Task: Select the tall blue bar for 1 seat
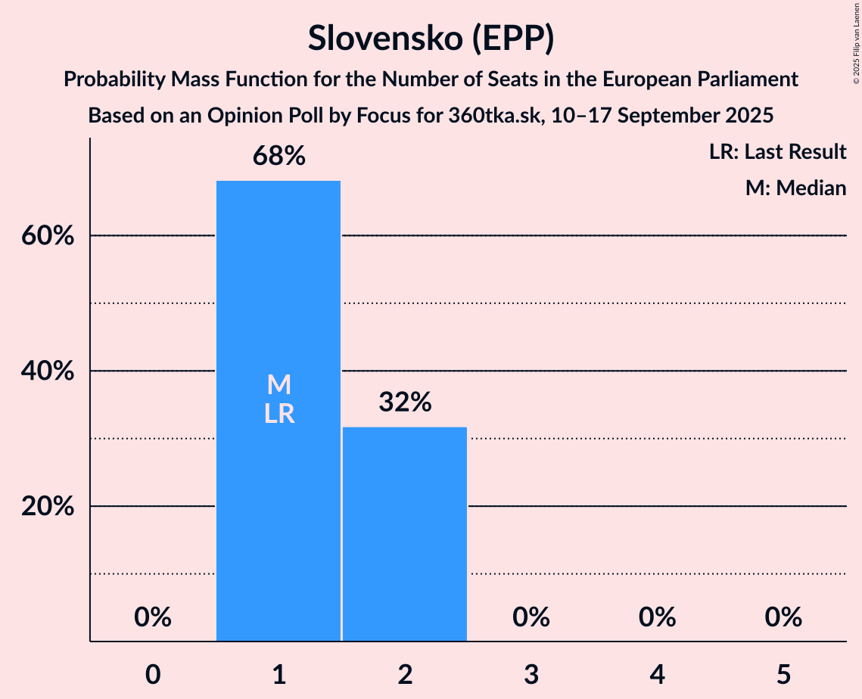(x=279, y=454)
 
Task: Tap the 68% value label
(x=279, y=157)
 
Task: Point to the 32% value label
(x=405, y=403)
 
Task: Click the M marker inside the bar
(x=279, y=385)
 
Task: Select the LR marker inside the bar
(x=279, y=414)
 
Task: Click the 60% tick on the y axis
(x=47, y=236)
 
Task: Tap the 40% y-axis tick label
(x=47, y=371)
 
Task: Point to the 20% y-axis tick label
(x=47, y=507)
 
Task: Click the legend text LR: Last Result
(x=777, y=152)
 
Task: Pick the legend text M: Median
(x=795, y=188)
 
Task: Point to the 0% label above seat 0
(x=153, y=618)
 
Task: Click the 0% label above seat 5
(x=783, y=618)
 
